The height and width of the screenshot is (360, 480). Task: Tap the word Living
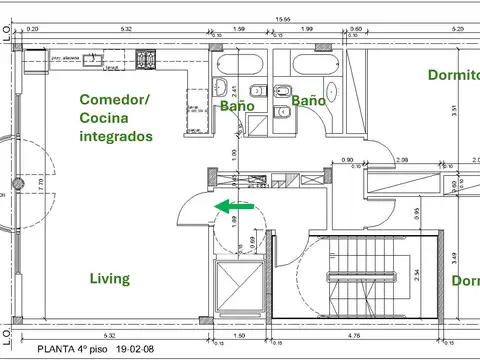click(x=109, y=279)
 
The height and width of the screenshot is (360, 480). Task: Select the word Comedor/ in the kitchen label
click(x=115, y=99)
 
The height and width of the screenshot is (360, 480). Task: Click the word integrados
click(x=116, y=136)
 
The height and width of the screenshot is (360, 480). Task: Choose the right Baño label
click(x=309, y=101)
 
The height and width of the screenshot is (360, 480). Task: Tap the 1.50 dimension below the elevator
click(x=241, y=337)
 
